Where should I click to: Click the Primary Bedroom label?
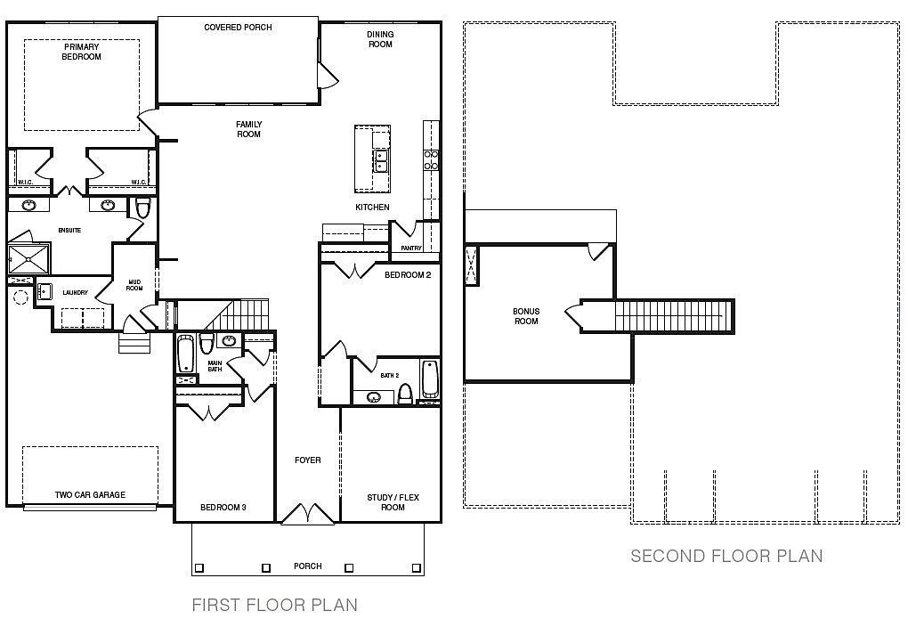point(81,52)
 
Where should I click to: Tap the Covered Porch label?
point(238,28)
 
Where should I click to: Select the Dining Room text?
point(380,39)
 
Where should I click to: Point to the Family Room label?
point(248,129)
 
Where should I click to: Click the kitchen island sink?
point(381,161)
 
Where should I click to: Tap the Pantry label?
point(410,248)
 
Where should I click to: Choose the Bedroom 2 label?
point(407,275)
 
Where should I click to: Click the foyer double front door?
point(307,515)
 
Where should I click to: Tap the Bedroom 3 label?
point(223,508)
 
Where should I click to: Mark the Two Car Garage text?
point(90,495)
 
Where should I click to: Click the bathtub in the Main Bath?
point(185,354)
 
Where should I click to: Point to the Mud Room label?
point(134,284)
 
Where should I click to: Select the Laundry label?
point(75,292)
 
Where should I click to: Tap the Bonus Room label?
point(526,316)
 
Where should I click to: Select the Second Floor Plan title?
point(726,557)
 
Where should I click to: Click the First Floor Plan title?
point(274,606)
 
